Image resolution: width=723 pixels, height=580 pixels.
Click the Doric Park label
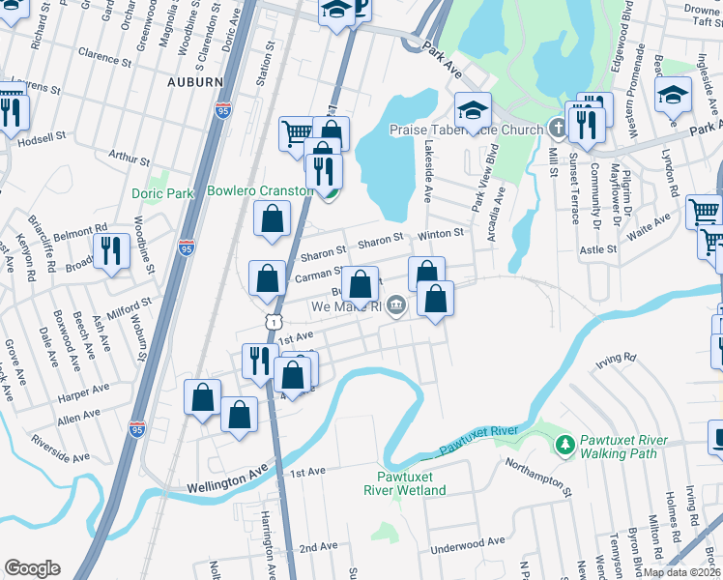(x=162, y=193)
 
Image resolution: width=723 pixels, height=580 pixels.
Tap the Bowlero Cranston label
(x=259, y=190)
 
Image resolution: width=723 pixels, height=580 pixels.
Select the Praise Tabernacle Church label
(x=466, y=129)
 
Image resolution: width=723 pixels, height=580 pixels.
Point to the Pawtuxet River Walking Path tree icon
(x=564, y=446)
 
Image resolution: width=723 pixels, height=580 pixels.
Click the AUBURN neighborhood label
(x=194, y=82)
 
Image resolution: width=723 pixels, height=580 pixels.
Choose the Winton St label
(x=441, y=233)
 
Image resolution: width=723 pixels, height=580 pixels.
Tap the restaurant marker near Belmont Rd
(x=112, y=250)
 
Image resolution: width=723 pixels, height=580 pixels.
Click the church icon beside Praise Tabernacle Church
(x=557, y=128)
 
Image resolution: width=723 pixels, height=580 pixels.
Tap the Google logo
(x=32, y=568)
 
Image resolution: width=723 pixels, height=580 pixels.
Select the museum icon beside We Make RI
(x=396, y=307)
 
